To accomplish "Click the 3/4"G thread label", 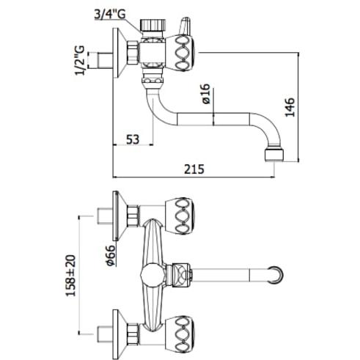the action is tap(110, 15).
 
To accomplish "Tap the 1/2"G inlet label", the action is tap(80, 60).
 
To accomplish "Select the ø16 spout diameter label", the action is tap(206, 94).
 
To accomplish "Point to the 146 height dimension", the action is tap(290, 107).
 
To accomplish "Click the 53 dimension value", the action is tap(133, 139).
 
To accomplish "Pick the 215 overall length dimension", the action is tap(194, 169).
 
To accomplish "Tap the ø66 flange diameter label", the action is tap(110, 255).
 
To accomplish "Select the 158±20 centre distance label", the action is tap(71, 276).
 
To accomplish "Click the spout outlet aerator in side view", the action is tap(274, 154).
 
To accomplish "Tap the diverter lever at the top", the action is tap(185, 26).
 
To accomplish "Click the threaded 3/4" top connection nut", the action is tap(153, 25).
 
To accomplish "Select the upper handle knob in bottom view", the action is tap(180, 216).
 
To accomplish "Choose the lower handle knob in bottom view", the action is tap(180, 334).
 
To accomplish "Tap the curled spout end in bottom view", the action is tap(275, 275).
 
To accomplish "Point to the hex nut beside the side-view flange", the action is tap(133, 53).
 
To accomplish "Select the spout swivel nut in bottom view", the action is tap(181, 275).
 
